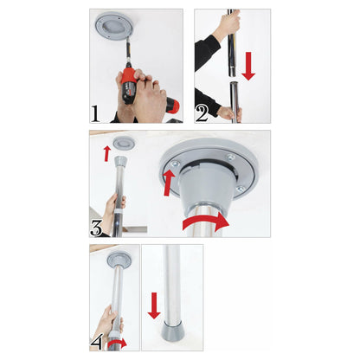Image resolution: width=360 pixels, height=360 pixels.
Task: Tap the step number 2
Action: pyautogui.click(x=202, y=112)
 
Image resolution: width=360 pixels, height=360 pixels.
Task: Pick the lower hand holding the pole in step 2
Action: pyautogui.click(x=226, y=112)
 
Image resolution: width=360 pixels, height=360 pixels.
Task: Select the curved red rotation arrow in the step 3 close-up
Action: pyautogui.click(x=207, y=222)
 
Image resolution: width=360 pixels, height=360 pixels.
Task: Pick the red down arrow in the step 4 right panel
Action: pyautogui.click(x=154, y=305)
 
